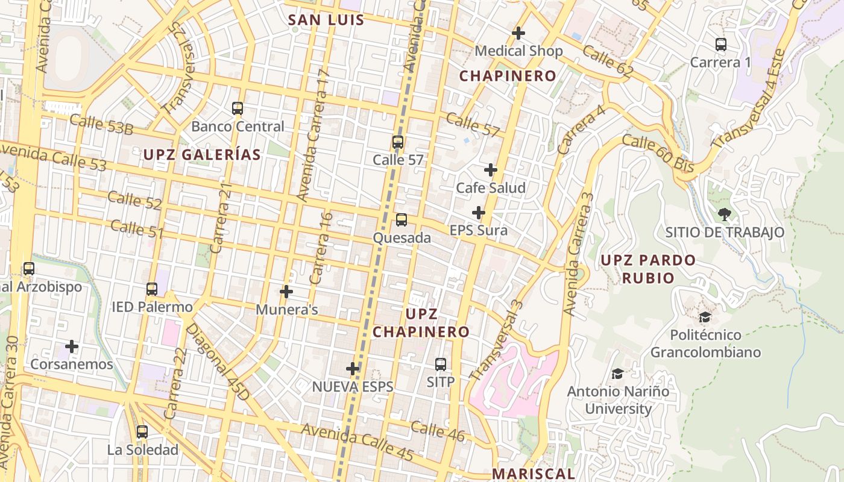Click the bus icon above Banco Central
point(238,108)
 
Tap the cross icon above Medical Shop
point(518,33)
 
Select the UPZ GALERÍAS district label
point(202,155)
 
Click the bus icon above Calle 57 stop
point(397,142)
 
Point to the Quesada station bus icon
point(402,220)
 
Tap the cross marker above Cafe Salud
point(491,170)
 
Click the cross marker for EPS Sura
point(479,213)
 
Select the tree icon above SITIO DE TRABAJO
point(724,214)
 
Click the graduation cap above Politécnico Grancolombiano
point(705,317)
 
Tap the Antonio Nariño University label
point(619,400)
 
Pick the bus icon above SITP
point(441,364)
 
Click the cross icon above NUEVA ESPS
point(353,368)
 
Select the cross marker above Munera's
point(286,292)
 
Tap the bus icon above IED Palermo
point(152,289)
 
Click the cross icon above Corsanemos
point(72,346)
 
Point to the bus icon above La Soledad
point(142,431)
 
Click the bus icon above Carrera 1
point(720,44)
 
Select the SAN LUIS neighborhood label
point(326,20)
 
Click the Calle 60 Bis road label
point(658,154)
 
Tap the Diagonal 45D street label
point(217,362)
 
